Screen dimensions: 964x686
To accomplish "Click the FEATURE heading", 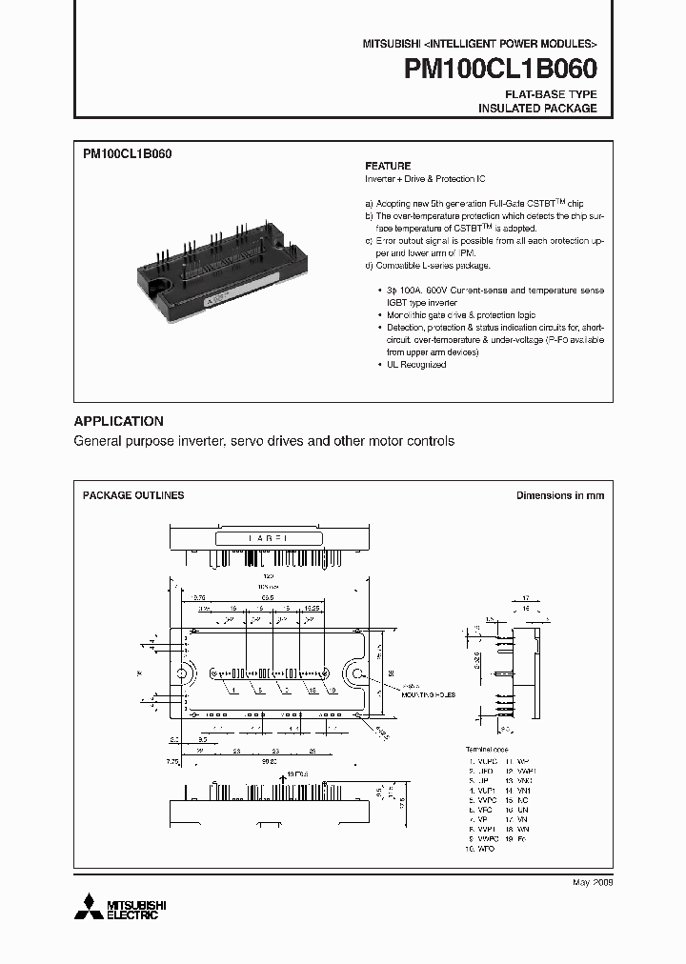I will pos(388,165).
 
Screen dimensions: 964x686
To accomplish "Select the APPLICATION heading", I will pos(119,421).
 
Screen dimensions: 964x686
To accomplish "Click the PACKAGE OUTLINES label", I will pos(133,495).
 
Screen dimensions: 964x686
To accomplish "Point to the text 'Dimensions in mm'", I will pos(560,495).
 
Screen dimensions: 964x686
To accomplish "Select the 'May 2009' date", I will pos(591,883).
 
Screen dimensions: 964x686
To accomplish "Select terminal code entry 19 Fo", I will pos(514,838).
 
